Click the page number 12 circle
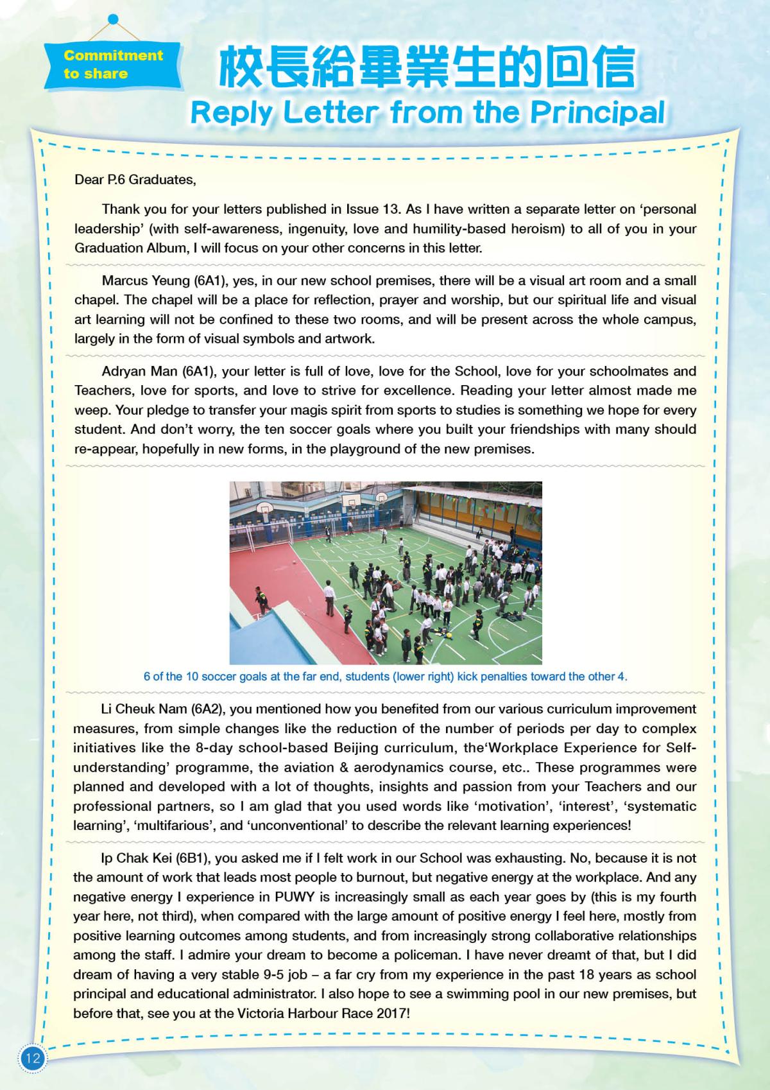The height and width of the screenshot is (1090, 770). (31, 1058)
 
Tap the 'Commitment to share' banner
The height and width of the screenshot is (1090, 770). (113, 64)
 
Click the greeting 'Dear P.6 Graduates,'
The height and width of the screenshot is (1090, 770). (135, 180)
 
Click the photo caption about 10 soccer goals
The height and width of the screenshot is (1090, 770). (385, 676)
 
